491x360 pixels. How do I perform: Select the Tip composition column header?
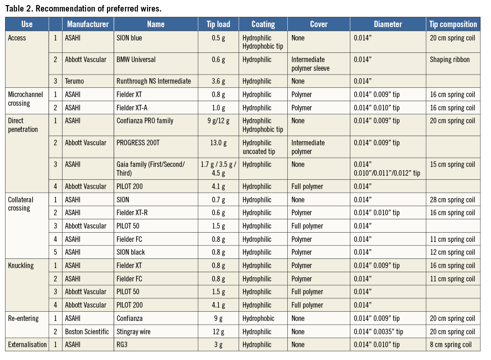(x=453, y=24)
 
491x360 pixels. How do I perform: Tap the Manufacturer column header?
(x=88, y=24)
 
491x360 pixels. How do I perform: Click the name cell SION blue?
(x=129, y=38)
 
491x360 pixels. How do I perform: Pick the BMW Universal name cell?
(x=136, y=60)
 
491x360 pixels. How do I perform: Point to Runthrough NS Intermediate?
(x=154, y=81)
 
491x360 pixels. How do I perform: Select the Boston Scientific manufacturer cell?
(x=87, y=331)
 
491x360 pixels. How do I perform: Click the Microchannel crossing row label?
(x=26, y=99)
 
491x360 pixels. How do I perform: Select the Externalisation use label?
(x=27, y=345)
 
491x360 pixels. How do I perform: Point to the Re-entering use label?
(x=23, y=319)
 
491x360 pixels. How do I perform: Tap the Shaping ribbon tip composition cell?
(x=450, y=60)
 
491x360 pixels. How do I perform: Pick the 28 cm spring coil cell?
(x=452, y=200)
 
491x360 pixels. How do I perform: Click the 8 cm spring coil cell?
(x=451, y=345)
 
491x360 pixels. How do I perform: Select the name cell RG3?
(x=122, y=345)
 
